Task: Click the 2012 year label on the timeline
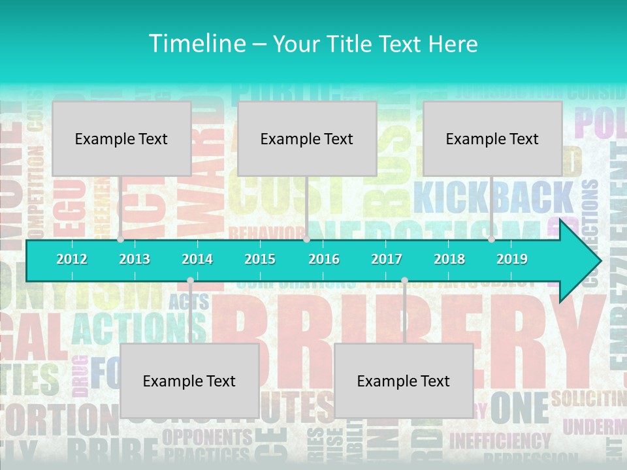[x=72, y=259]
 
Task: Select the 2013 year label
[x=135, y=259]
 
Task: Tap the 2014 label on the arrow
[x=197, y=259]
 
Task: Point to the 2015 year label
[x=260, y=259]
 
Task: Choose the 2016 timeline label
[x=324, y=259]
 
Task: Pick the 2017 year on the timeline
[x=387, y=259]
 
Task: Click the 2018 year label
[x=449, y=259]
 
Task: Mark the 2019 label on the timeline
[x=512, y=259]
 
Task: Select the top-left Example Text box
[x=121, y=138]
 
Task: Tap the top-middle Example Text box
[x=307, y=138]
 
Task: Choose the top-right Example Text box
[x=492, y=138]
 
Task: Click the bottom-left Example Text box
[x=189, y=381]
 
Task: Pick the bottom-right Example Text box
[x=404, y=381]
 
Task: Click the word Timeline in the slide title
[x=196, y=44]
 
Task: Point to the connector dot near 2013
[x=121, y=240]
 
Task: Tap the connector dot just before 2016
[x=306, y=240]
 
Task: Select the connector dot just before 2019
[x=491, y=240]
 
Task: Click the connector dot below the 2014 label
[x=190, y=281]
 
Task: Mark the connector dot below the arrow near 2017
[x=404, y=281]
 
